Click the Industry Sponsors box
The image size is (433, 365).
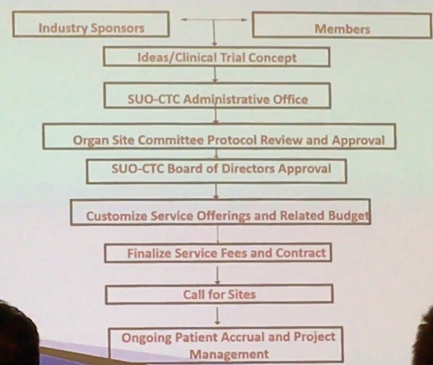[91, 24]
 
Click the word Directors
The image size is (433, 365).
[248, 169]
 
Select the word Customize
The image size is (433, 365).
[117, 216]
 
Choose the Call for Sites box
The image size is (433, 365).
[219, 294]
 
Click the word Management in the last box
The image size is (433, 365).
[229, 354]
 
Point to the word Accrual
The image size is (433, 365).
[243, 337]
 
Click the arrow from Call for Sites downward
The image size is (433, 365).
[217, 316]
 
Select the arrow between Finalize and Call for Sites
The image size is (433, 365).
[217, 275]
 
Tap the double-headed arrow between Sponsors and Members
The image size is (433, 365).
[214, 19]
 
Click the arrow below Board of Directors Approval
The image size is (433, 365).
[216, 191]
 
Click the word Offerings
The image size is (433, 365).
[223, 216]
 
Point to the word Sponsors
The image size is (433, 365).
[118, 28]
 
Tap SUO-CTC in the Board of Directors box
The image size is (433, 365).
[138, 169]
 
